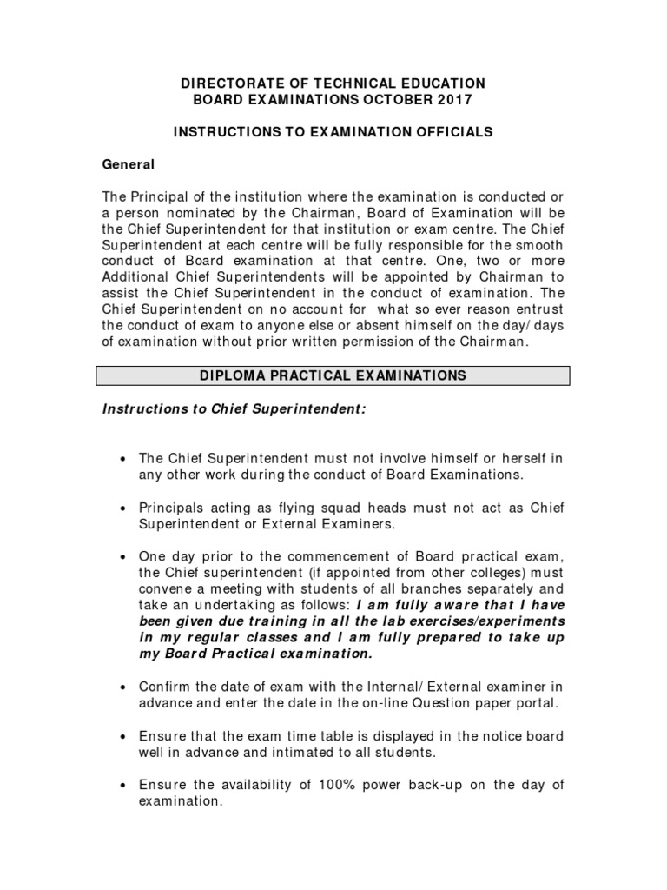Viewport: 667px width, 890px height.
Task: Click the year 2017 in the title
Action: (452, 100)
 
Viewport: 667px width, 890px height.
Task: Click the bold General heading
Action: (129, 163)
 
